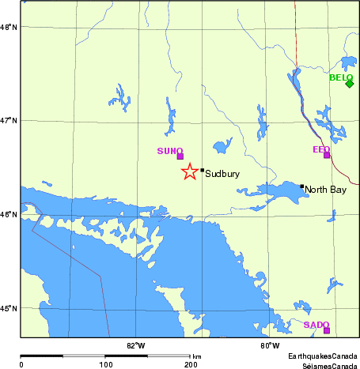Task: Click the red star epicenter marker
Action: tap(190, 171)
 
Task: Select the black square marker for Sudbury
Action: tap(202, 170)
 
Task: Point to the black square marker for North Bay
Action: tap(301, 186)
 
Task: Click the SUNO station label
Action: tap(170, 150)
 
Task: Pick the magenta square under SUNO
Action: tap(180, 156)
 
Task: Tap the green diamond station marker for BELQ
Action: tap(349, 84)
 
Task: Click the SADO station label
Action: tap(316, 325)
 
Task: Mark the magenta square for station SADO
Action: tap(326, 330)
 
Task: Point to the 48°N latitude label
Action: tap(9, 27)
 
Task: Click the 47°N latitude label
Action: tap(9, 120)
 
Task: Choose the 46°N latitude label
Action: tap(9, 214)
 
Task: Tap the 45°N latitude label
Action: tap(9, 308)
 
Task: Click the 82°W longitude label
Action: tap(136, 345)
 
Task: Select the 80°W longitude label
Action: tap(269, 345)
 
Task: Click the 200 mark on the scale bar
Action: tap(191, 364)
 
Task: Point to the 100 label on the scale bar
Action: tap(105, 364)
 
